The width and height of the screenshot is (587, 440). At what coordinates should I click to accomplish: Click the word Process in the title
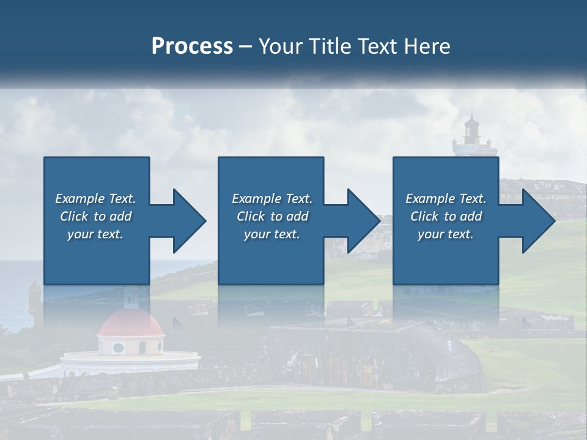click(x=192, y=46)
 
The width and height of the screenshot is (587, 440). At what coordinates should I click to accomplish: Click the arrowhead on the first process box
click(x=186, y=221)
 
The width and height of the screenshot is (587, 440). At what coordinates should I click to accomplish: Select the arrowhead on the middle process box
click(x=361, y=221)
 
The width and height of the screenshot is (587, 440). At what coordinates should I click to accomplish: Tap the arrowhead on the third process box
click(x=535, y=221)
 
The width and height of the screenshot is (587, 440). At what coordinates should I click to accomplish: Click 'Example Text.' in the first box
click(x=95, y=199)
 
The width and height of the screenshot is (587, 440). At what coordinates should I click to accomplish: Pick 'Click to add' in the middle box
click(x=272, y=216)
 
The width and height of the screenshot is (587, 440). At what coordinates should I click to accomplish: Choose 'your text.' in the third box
click(x=445, y=234)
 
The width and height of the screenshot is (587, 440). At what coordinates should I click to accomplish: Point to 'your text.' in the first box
click(x=95, y=234)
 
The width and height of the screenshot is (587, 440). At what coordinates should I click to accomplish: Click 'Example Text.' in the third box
click(x=445, y=199)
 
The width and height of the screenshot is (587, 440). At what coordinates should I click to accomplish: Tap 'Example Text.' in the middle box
click(x=272, y=199)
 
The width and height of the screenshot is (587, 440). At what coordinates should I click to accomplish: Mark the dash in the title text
click(x=246, y=46)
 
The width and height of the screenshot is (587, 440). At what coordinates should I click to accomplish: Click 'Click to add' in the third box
click(x=446, y=216)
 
